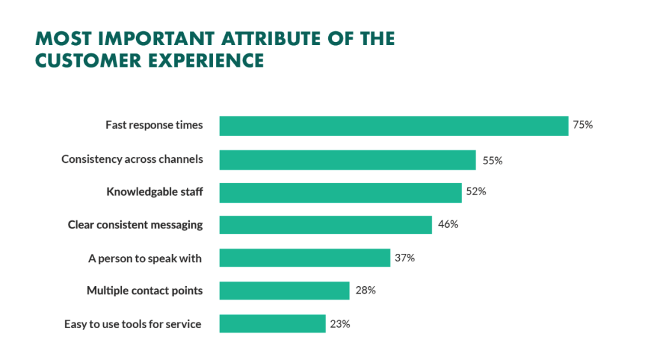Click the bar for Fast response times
394,126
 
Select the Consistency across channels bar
347,160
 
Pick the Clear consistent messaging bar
325,225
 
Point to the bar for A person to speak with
305,258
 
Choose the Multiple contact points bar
284,291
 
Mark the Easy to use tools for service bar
272,324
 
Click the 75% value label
582,125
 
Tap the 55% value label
492,161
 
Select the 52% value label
476,191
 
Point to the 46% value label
448,225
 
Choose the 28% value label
365,291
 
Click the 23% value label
340,324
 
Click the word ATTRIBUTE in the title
270,39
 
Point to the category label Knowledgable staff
154,191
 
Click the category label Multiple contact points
144,291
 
